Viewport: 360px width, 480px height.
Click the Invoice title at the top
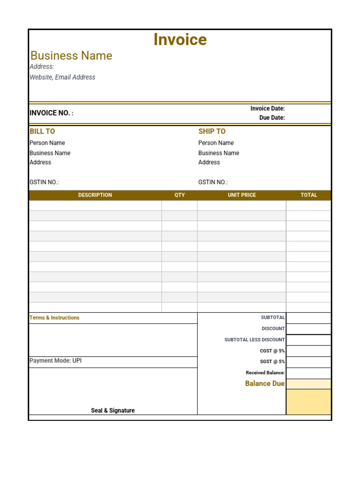180,40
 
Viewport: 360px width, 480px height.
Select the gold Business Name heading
71,56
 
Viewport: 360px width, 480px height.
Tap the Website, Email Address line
62,77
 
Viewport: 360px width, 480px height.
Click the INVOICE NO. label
51,113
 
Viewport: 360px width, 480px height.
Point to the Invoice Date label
267,109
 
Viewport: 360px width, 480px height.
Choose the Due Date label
272,118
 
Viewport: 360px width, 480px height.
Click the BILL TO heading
42,132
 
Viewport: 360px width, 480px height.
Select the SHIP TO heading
212,132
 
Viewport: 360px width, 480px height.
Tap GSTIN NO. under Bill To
44,182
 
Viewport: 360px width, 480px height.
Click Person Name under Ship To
216,143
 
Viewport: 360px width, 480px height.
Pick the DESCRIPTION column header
95,195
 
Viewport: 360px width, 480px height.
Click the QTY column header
180,195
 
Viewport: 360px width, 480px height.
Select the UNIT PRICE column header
242,195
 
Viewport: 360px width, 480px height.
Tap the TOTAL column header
309,195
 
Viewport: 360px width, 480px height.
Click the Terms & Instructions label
54,318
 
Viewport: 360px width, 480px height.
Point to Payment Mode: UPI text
55,361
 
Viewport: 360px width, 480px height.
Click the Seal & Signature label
112,411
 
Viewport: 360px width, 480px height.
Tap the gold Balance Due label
264,384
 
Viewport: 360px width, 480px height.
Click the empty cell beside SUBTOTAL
308,318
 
